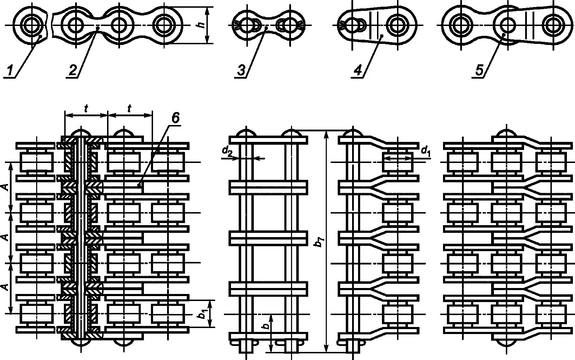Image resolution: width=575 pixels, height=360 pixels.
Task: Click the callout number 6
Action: tap(175, 118)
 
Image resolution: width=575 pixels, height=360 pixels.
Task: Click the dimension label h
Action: tap(200, 26)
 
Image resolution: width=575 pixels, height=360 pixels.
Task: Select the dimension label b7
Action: tap(319, 242)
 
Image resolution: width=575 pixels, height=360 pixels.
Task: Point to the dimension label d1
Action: tap(425, 151)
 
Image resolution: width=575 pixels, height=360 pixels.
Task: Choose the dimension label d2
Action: tap(227, 151)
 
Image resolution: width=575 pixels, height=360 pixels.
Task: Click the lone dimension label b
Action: tap(266, 326)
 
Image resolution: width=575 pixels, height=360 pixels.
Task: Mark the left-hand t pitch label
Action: tap(86, 109)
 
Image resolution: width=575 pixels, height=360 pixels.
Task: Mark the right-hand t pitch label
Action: tap(129, 109)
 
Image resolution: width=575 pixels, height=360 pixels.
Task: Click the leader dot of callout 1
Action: tap(41, 36)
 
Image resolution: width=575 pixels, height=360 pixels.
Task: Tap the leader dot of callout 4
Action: tap(381, 36)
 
